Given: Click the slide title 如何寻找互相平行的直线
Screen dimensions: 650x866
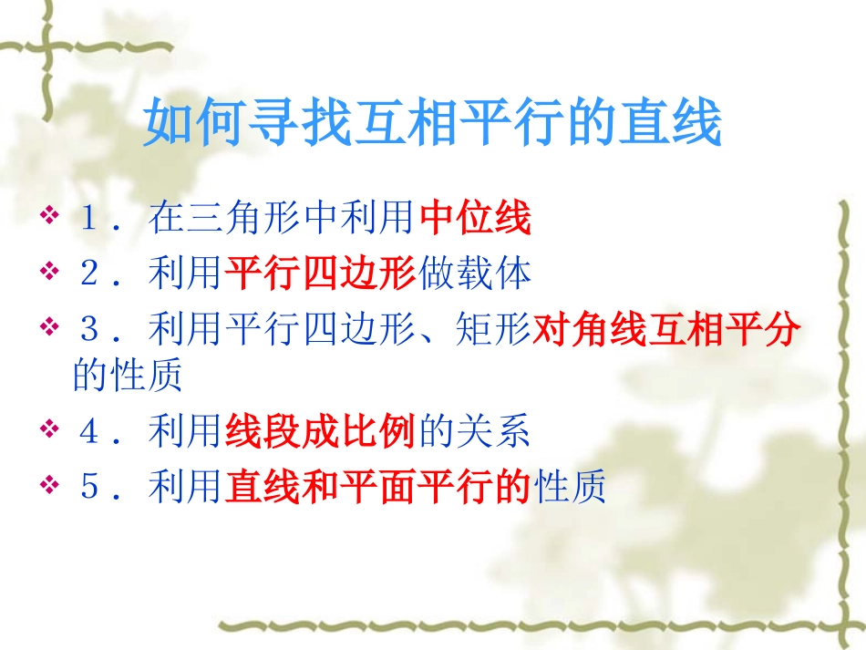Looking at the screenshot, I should pyautogui.click(x=433, y=125).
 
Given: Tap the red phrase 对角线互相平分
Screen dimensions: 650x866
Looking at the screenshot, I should pyautogui.click(x=666, y=329).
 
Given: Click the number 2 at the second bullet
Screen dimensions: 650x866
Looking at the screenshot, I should pyautogui.click(x=89, y=273).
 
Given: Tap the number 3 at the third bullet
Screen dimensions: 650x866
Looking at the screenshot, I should pyautogui.click(x=89, y=329).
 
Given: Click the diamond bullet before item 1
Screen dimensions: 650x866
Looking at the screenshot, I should pyautogui.click(x=49, y=219).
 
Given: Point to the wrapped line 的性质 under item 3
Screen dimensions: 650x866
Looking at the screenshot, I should pyautogui.click(x=128, y=376).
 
